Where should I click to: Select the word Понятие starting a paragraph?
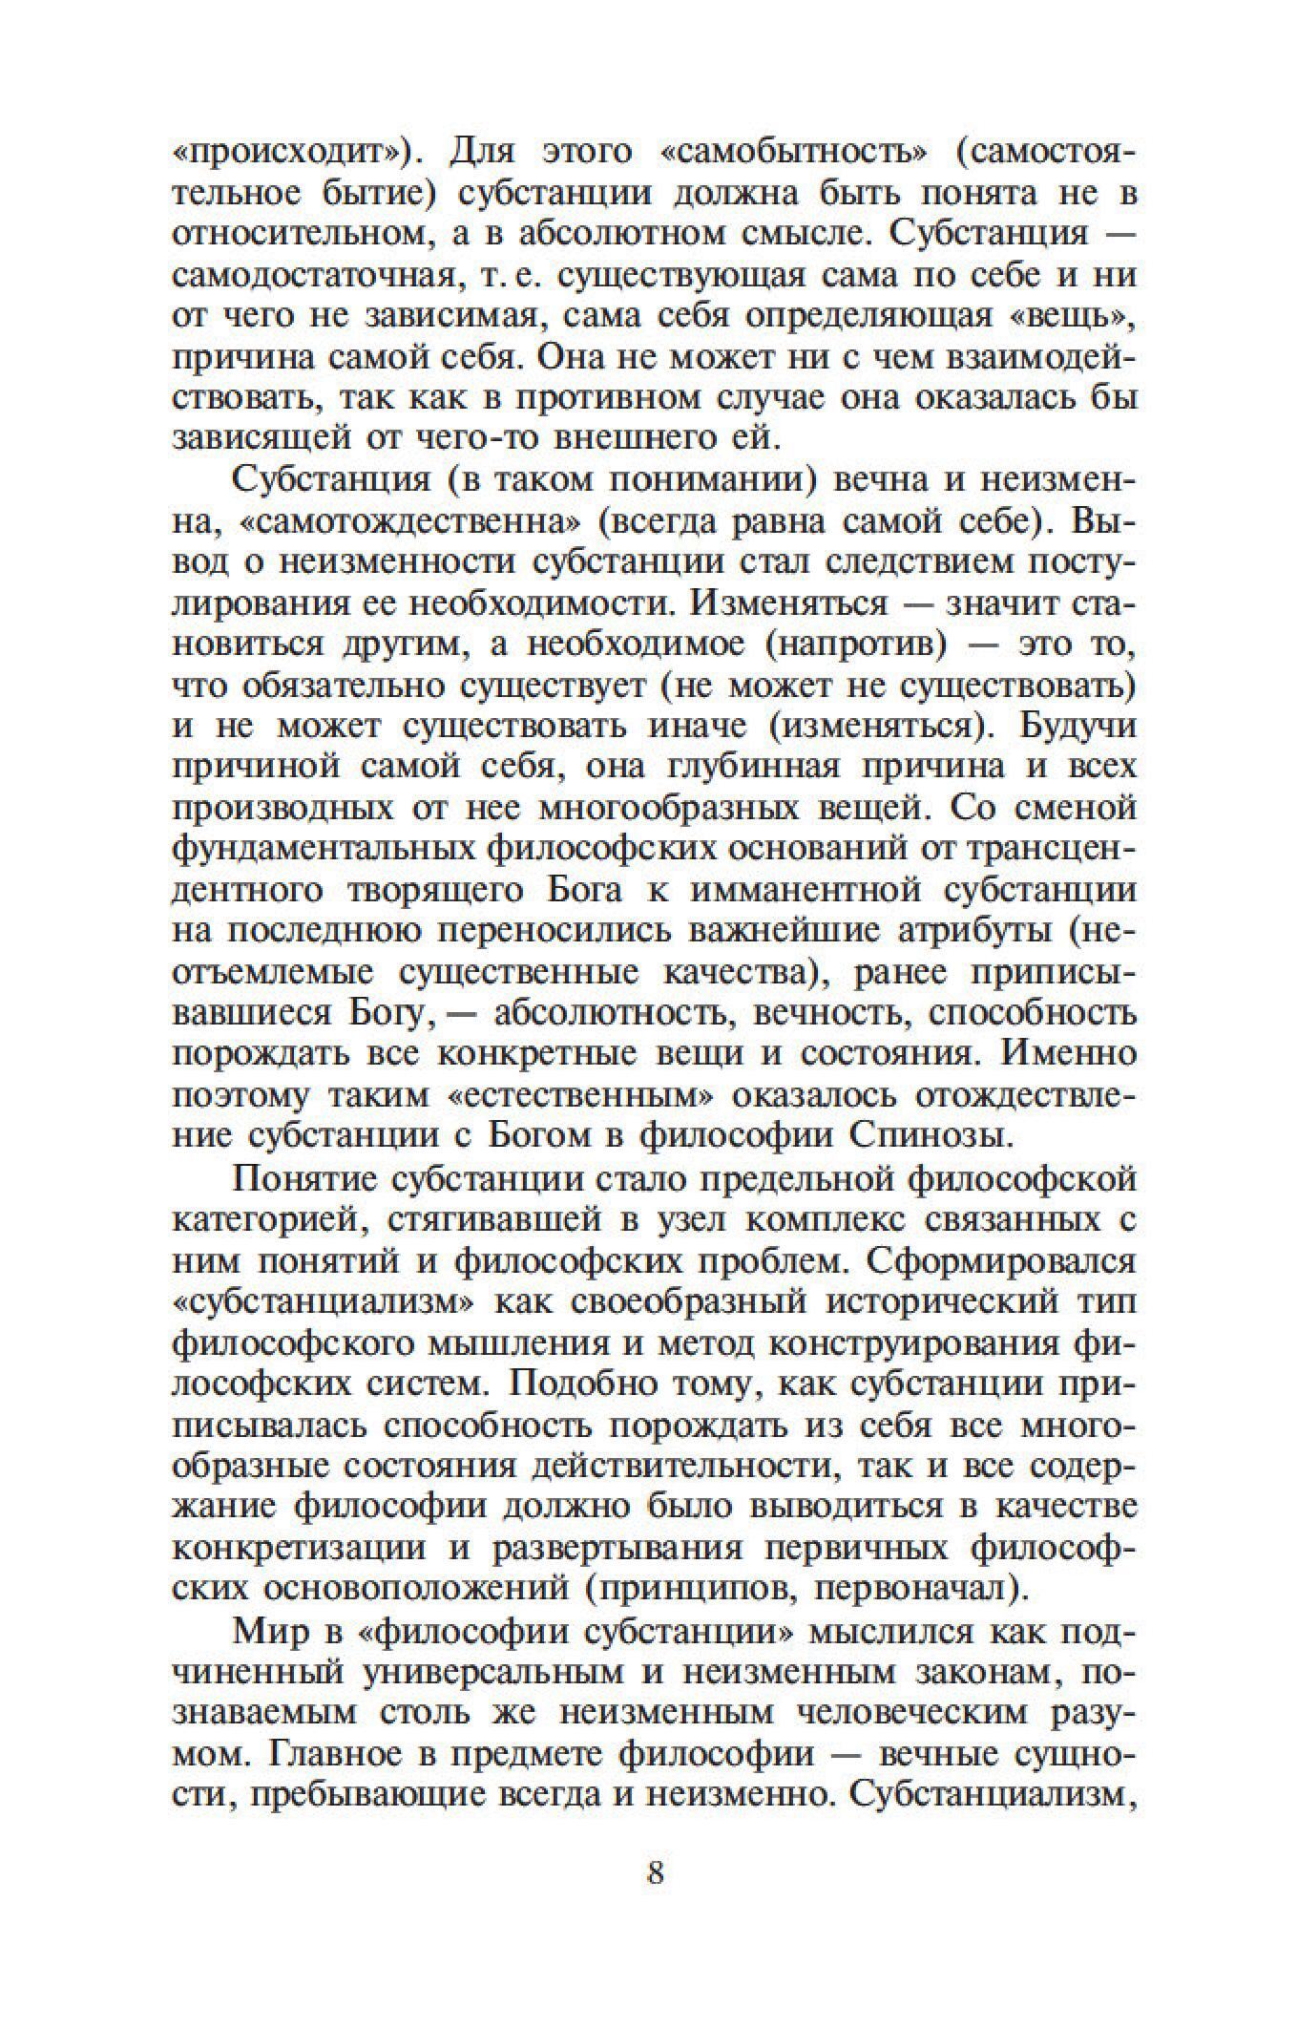[299, 1179]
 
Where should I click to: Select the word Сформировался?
[1000, 1261]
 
